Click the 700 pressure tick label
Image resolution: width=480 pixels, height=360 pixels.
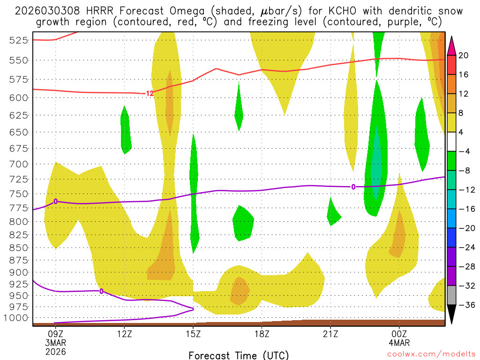click(19, 164)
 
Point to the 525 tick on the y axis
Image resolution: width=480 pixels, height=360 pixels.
click(19, 40)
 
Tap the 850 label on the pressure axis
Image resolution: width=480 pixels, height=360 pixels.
click(19, 247)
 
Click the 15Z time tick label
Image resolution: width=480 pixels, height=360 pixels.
click(193, 334)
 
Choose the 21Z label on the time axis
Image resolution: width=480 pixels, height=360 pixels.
click(330, 334)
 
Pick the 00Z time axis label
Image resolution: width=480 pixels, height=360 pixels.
click(399, 334)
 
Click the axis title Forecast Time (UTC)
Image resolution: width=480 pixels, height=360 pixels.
click(239, 355)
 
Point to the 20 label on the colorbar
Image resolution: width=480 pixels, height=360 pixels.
click(463, 55)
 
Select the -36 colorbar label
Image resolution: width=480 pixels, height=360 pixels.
click(463, 305)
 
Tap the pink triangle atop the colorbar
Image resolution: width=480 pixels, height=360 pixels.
click(451, 45)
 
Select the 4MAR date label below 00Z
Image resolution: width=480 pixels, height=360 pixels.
click(399, 343)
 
